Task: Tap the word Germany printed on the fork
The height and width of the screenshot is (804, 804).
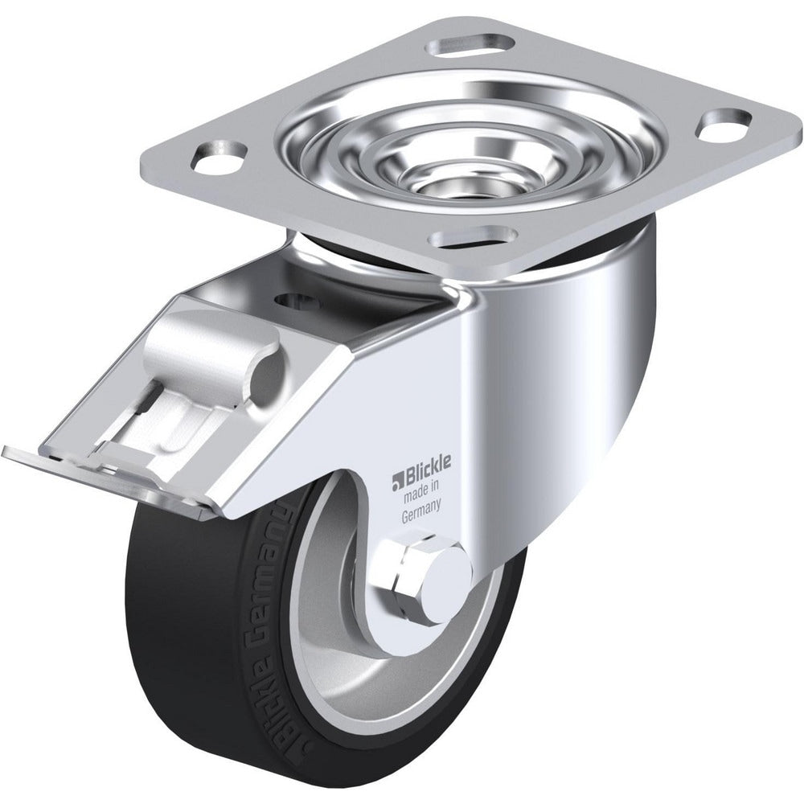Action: click(420, 505)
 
